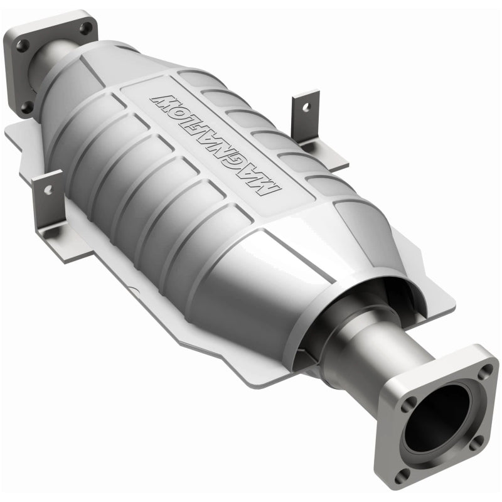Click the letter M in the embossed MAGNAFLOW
point(271,194)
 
